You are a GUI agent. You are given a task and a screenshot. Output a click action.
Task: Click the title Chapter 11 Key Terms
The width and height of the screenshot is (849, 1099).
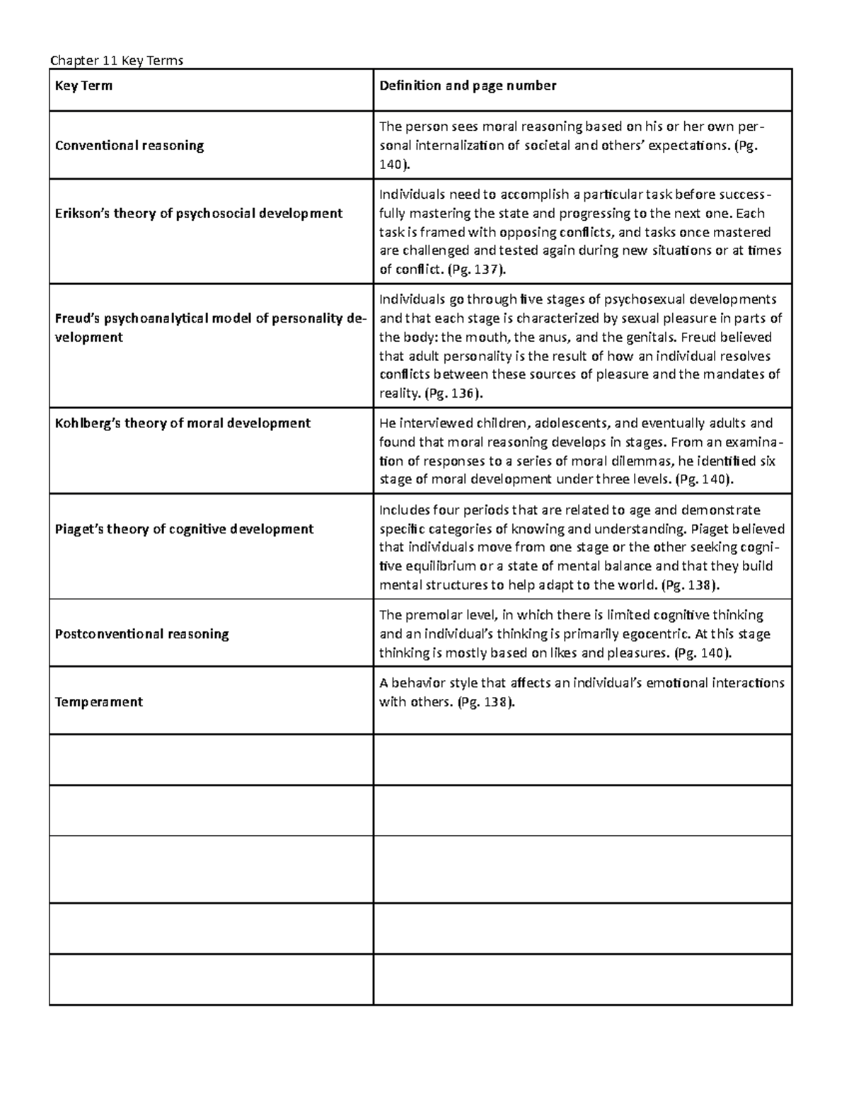pyautogui.click(x=117, y=61)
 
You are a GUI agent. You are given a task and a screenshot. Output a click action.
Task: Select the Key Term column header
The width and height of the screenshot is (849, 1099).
pyautogui.click(x=83, y=86)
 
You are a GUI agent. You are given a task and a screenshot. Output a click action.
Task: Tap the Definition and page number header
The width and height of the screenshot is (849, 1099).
pyautogui.click(x=468, y=86)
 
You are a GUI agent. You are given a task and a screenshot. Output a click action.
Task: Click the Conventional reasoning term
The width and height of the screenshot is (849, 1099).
pyautogui.click(x=129, y=146)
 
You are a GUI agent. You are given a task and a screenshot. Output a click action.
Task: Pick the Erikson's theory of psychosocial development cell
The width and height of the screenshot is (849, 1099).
pyautogui.click(x=199, y=214)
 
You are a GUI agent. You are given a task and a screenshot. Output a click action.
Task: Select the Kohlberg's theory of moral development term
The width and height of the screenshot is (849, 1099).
pyautogui.click(x=183, y=423)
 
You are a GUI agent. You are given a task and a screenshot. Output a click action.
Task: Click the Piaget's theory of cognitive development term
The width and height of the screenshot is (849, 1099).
pyautogui.click(x=184, y=529)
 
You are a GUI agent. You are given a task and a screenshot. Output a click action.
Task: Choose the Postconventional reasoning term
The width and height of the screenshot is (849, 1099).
pyautogui.click(x=141, y=634)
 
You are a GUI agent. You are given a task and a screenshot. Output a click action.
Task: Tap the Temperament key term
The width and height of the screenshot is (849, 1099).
pyautogui.click(x=99, y=702)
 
